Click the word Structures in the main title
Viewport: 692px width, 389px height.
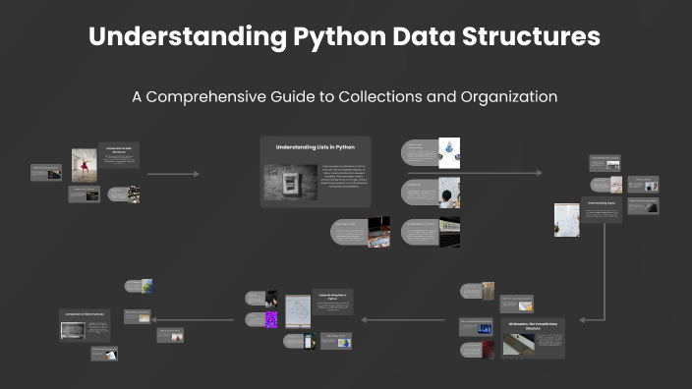tap(532, 38)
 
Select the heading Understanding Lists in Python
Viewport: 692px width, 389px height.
tap(315, 147)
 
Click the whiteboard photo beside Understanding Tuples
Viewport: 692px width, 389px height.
tap(567, 220)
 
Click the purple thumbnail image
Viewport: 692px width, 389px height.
tap(272, 319)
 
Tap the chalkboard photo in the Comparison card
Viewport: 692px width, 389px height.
tap(73, 331)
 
